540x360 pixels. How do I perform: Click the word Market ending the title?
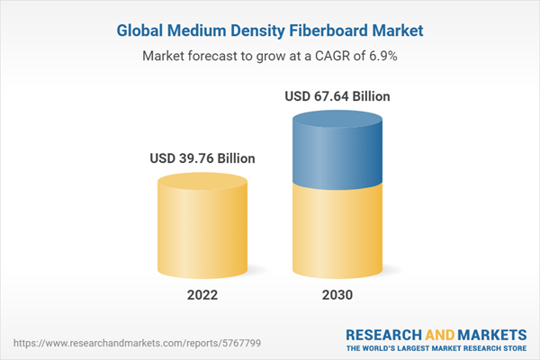(399, 31)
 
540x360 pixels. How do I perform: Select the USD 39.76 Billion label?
(202, 159)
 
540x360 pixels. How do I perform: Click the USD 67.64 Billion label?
(337, 95)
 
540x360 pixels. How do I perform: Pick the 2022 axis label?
(202, 295)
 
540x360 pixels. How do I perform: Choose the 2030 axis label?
(337, 295)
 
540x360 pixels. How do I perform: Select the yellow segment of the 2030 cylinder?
(337, 229)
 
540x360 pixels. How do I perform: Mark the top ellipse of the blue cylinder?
(337, 117)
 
